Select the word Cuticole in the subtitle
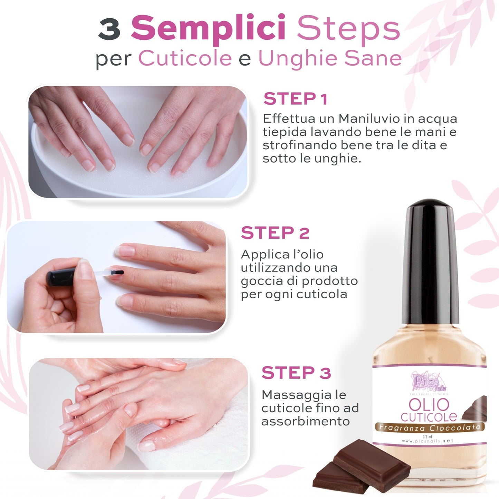pyautogui.click(x=185, y=58)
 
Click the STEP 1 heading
pyautogui.click(x=295, y=99)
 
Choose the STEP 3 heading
pyautogui.click(x=296, y=373)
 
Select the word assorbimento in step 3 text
pyautogui.click(x=305, y=421)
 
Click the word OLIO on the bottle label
pyautogui.click(x=429, y=404)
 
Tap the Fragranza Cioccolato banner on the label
pyautogui.click(x=430, y=428)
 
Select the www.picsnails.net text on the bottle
pyautogui.click(x=428, y=441)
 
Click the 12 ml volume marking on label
pyautogui.click(x=427, y=436)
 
